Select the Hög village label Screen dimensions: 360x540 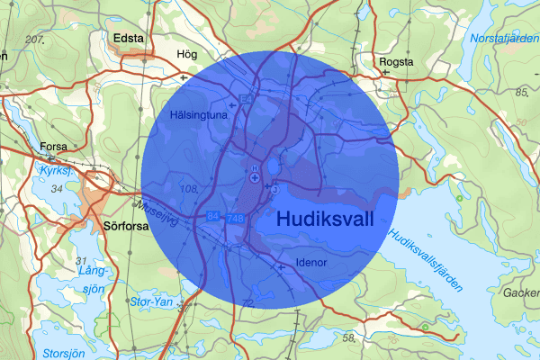point(187,54)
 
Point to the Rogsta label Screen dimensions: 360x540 point(397,61)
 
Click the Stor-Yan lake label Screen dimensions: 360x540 point(151,301)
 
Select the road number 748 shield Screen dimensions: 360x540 point(236,219)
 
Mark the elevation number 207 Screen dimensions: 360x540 point(35,40)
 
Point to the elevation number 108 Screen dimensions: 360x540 point(188,189)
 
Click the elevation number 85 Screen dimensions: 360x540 point(521,93)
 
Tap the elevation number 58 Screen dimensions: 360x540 point(348,337)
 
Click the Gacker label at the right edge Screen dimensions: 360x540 point(521,293)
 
